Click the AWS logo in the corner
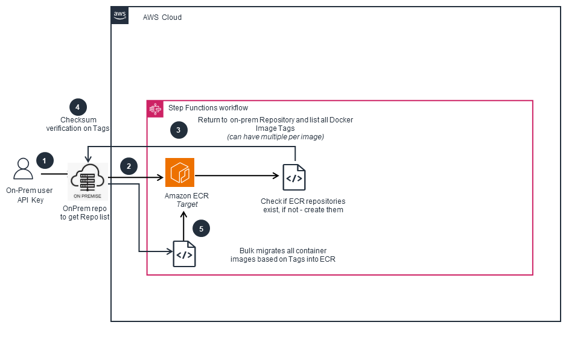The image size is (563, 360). pyautogui.click(x=120, y=16)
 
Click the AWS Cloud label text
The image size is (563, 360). pyautogui.click(x=162, y=17)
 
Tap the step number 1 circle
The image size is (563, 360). pyautogui.click(x=44, y=160)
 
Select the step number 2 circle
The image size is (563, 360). pyautogui.click(x=129, y=167)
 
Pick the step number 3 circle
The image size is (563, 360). pyautogui.click(x=178, y=130)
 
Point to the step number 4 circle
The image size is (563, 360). pyautogui.click(x=78, y=107)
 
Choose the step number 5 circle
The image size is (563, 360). pyautogui.click(x=201, y=229)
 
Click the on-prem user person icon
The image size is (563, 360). pyautogui.click(x=24, y=169)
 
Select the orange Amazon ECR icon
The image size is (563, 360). pyautogui.click(x=180, y=172)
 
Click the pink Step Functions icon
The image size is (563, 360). pyautogui.click(x=155, y=109)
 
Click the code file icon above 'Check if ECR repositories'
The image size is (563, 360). pyautogui.click(x=294, y=177)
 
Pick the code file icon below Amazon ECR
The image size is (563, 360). pyautogui.click(x=184, y=254)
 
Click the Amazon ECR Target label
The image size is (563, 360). pyautogui.click(x=186, y=200)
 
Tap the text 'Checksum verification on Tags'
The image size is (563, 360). pyautogui.click(x=77, y=124)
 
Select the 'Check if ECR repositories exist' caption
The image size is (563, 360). pyautogui.click(x=302, y=205)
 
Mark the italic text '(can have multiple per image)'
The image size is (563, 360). pyautogui.click(x=275, y=137)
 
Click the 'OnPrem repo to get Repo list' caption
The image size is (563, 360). pyautogui.click(x=84, y=212)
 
